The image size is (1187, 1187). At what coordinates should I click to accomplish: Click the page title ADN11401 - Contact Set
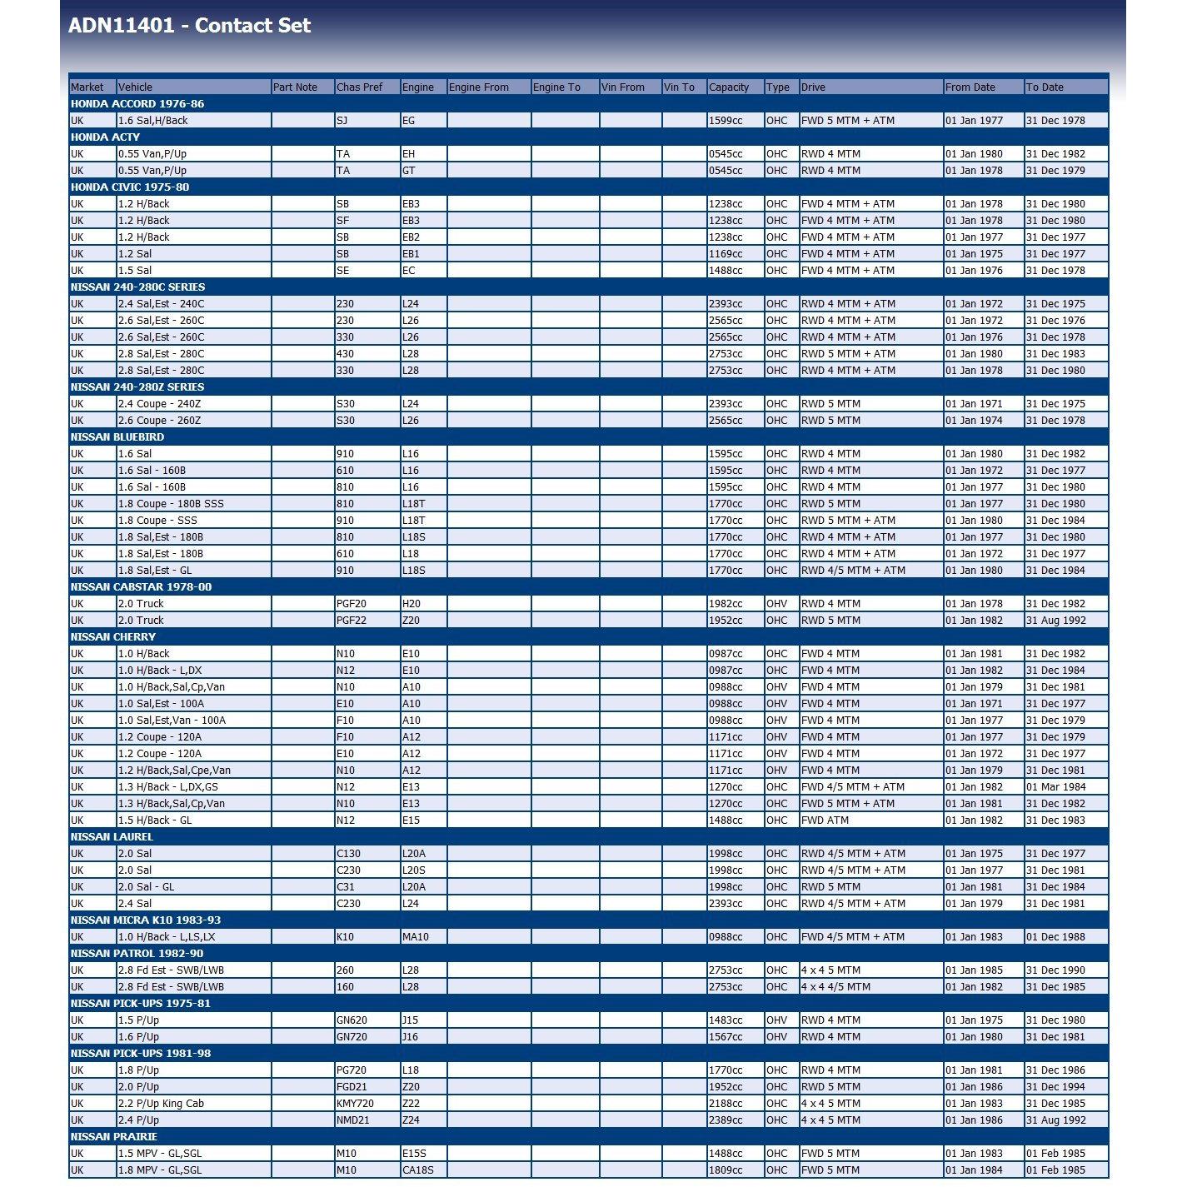click(189, 26)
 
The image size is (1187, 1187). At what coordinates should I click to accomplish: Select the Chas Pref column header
click(359, 87)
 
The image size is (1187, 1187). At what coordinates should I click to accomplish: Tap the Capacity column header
click(729, 87)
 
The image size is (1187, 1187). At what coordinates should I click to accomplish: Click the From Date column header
click(970, 87)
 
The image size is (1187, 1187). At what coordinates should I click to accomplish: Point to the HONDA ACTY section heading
click(105, 137)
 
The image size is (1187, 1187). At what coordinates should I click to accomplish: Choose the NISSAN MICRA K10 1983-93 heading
click(145, 920)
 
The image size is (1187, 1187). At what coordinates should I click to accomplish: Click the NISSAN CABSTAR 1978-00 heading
click(141, 587)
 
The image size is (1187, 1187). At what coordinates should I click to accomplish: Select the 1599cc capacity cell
click(725, 121)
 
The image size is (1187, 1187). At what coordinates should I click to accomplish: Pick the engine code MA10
click(415, 937)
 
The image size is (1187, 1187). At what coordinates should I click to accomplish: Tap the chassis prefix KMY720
click(355, 1104)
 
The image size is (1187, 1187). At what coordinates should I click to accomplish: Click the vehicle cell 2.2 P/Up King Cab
click(161, 1104)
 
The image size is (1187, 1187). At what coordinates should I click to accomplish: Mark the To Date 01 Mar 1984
click(1055, 787)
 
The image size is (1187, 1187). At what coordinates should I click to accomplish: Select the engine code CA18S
click(417, 1170)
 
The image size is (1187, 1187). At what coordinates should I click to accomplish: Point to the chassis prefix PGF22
click(351, 621)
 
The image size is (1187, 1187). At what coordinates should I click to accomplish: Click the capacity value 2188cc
click(725, 1104)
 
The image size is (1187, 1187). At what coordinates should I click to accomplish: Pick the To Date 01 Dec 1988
click(1055, 937)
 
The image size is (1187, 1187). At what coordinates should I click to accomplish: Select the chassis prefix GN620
click(352, 1020)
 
